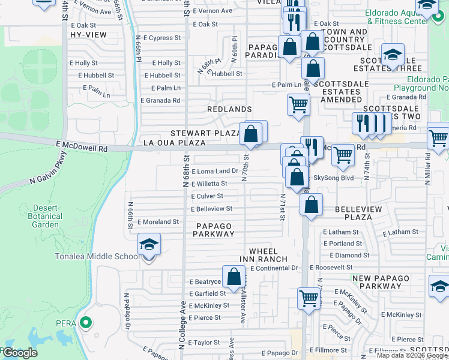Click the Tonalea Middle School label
pos(106,257)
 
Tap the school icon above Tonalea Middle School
pos(149,245)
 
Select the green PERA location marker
pos(86,323)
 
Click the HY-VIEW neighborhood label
pos(88,35)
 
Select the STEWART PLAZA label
pos(205,133)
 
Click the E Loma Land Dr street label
pos(215,172)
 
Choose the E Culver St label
pos(207,196)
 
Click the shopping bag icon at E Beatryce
pos(234,277)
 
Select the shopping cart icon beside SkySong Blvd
pos(343,155)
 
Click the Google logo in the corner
pos(20,353)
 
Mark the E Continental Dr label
pos(274,268)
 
